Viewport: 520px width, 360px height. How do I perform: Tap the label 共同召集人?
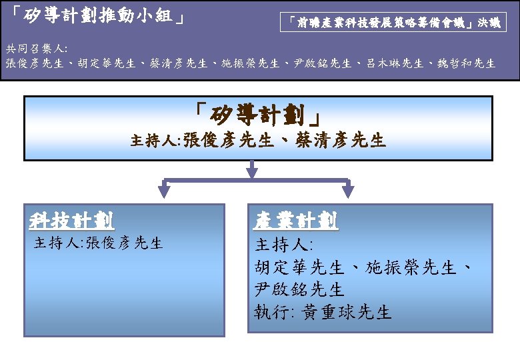point(36,49)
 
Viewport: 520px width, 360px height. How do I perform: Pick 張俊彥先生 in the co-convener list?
point(33,64)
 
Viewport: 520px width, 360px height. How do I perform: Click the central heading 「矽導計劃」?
point(259,115)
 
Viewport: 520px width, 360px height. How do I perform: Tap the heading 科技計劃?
point(71,221)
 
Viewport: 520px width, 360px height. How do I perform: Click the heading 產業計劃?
point(296,221)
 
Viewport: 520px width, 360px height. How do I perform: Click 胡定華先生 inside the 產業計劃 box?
point(299,268)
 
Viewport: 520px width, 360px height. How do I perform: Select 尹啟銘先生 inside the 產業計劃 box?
point(299,290)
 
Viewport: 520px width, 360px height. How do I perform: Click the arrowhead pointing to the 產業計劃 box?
point(347,193)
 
